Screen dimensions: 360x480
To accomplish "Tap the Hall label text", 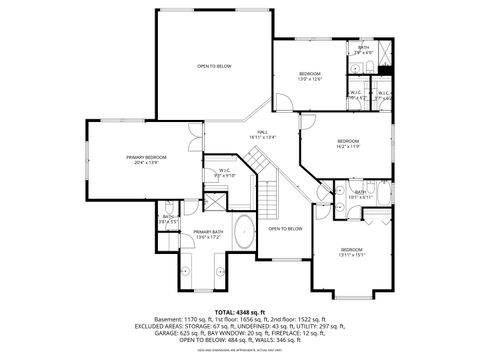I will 262,134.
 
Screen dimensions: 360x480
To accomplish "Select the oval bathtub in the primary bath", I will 243,225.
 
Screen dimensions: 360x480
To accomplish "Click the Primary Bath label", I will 208,234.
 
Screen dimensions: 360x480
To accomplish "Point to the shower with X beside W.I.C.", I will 212,198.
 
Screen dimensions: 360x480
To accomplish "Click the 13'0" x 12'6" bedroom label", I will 309,77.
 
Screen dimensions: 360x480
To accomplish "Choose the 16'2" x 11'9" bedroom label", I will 347,144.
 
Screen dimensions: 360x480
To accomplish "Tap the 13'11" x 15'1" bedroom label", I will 351,252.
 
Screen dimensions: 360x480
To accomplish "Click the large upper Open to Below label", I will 214,66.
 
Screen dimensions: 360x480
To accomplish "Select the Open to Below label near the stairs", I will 285,229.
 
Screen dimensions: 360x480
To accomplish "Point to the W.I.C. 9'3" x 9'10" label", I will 225,172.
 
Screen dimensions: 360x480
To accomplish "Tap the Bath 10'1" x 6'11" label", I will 361,194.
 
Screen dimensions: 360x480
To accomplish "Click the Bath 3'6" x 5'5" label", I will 169,218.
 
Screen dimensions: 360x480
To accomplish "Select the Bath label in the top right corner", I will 364,50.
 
